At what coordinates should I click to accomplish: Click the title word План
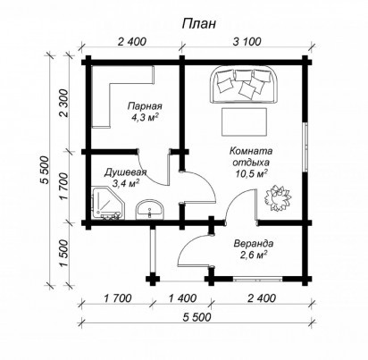coord(199,24)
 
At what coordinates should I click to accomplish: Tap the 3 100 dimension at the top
coord(247,42)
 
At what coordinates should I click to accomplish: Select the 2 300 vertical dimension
coord(64,104)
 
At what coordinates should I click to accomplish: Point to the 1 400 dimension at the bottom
coord(183,298)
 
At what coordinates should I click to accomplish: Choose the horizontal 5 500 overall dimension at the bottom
coord(197,317)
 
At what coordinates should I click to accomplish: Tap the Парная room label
coord(145,106)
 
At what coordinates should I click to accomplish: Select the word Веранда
coord(254,244)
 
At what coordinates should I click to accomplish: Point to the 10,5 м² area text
coord(251,174)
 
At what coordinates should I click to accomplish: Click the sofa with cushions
coord(245,85)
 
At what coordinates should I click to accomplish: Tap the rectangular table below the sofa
coord(244,122)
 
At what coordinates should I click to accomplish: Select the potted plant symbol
coord(278,197)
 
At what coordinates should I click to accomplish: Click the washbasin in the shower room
coord(150,210)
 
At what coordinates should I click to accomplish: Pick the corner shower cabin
coord(108,204)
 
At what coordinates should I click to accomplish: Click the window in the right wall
coord(305,147)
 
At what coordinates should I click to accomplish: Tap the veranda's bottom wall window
coord(257,280)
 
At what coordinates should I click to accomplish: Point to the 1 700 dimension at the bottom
coord(118,298)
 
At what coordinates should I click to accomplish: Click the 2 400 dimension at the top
coord(132,42)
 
